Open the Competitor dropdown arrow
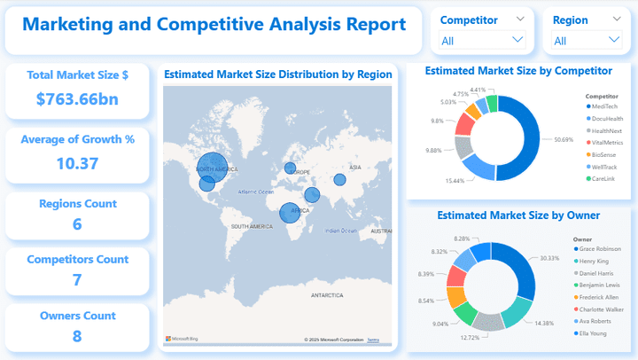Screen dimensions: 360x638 (x=518, y=40)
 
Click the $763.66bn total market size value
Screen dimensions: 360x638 (x=77, y=99)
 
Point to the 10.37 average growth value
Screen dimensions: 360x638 (x=77, y=163)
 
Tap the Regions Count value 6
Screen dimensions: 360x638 (x=77, y=224)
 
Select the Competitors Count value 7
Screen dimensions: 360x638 (x=77, y=280)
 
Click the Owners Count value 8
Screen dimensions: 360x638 (x=77, y=336)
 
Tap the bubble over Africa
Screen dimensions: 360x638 (x=290, y=213)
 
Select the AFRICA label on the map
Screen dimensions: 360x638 (x=300, y=211)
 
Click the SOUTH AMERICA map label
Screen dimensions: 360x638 (x=252, y=227)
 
